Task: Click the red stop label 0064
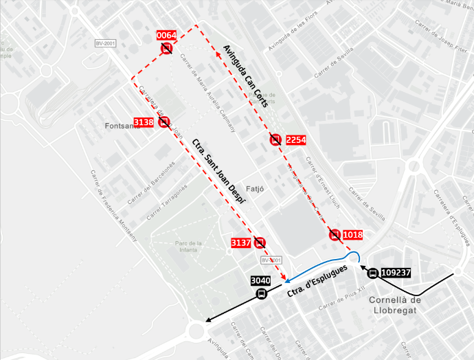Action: [167, 35]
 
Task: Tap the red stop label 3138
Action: [144, 122]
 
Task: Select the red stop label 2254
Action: [295, 140]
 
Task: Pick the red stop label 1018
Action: [352, 235]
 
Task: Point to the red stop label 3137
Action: [240, 243]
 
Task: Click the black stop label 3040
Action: [260, 280]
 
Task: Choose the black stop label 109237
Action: [395, 273]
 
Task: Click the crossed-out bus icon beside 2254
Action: [275, 140]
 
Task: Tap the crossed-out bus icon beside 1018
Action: [335, 235]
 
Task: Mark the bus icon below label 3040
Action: [261, 294]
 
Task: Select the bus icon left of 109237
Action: [372, 273]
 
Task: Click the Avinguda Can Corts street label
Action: [245, 76]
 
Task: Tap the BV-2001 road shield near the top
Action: [104, 43]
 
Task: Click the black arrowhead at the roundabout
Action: [207, 321]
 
